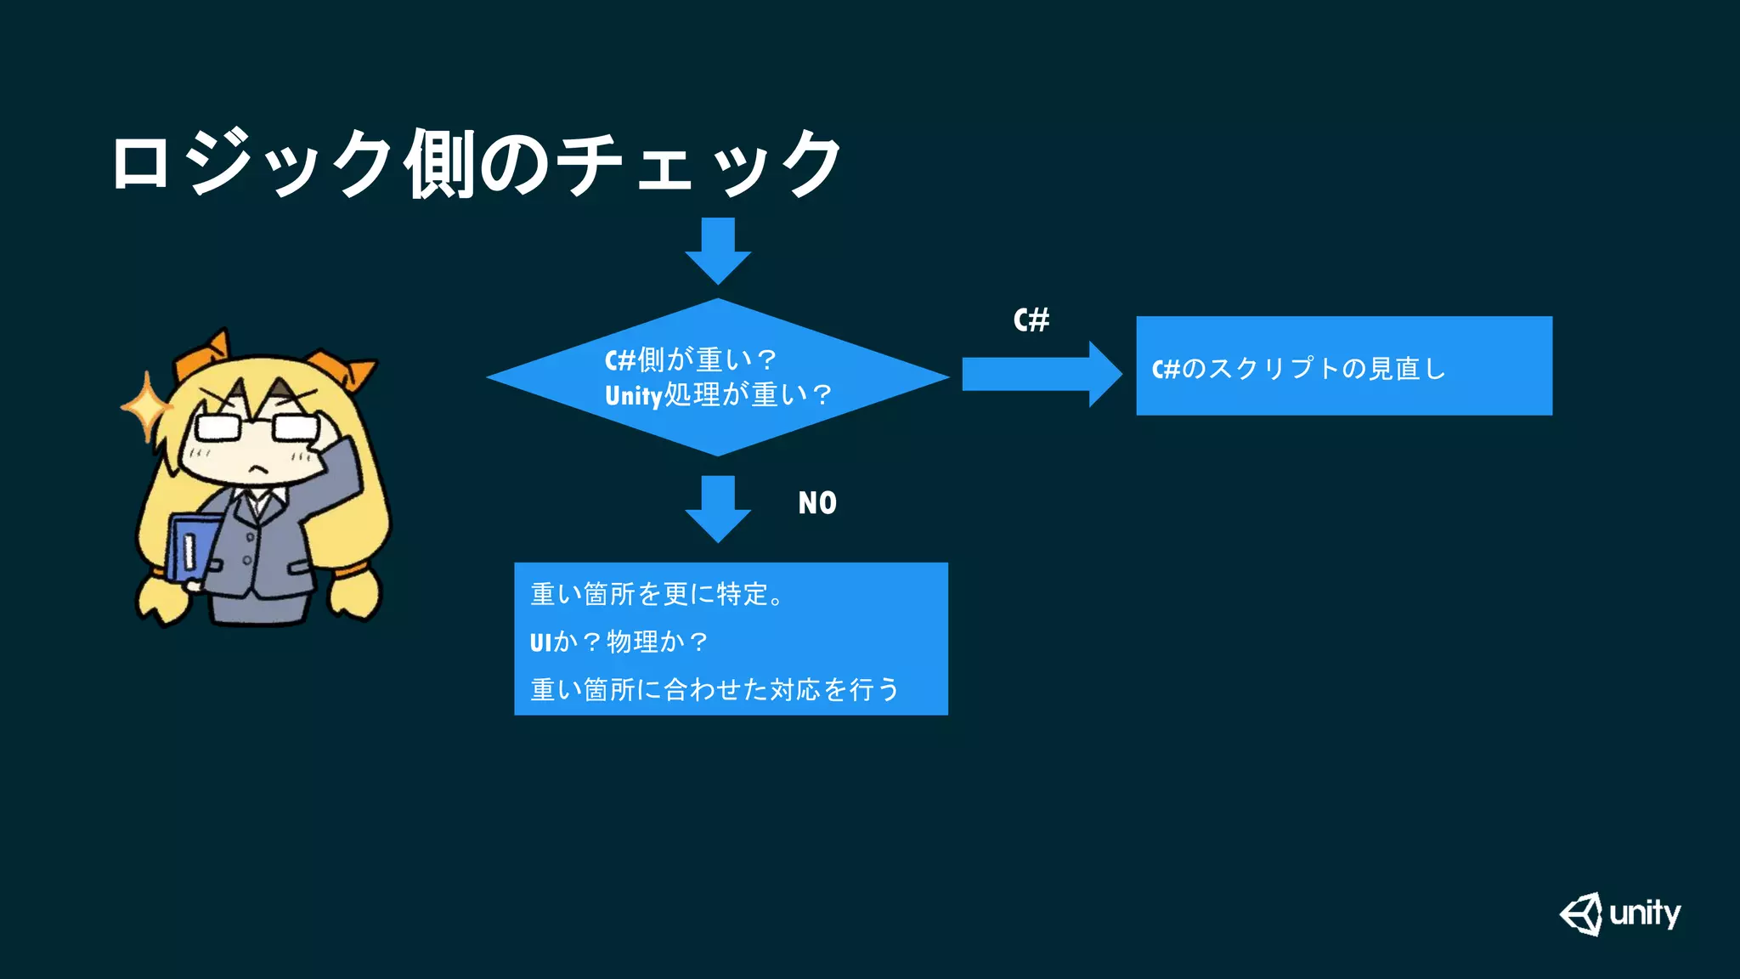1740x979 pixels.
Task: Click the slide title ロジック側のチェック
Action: [x=476, y=163]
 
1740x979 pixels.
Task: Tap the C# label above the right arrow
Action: [x=1031, y=320]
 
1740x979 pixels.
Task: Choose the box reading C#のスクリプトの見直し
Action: [x=1343, y=366]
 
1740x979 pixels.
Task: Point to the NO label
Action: [x=817, y=503]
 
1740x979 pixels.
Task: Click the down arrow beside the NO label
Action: [x=718, y=508]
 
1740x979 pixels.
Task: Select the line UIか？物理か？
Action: [x=619, y=642]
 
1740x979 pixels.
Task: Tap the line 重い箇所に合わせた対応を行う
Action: [x=714, y=689]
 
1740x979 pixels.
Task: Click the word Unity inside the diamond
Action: [x=633, y=396]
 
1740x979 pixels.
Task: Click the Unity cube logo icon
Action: [x=1581, y=914]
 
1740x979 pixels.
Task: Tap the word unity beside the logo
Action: [x=1645, y=914]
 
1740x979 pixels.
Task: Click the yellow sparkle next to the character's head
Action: [x=147, y=407]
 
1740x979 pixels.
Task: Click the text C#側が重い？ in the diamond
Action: [x=690, y=360]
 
